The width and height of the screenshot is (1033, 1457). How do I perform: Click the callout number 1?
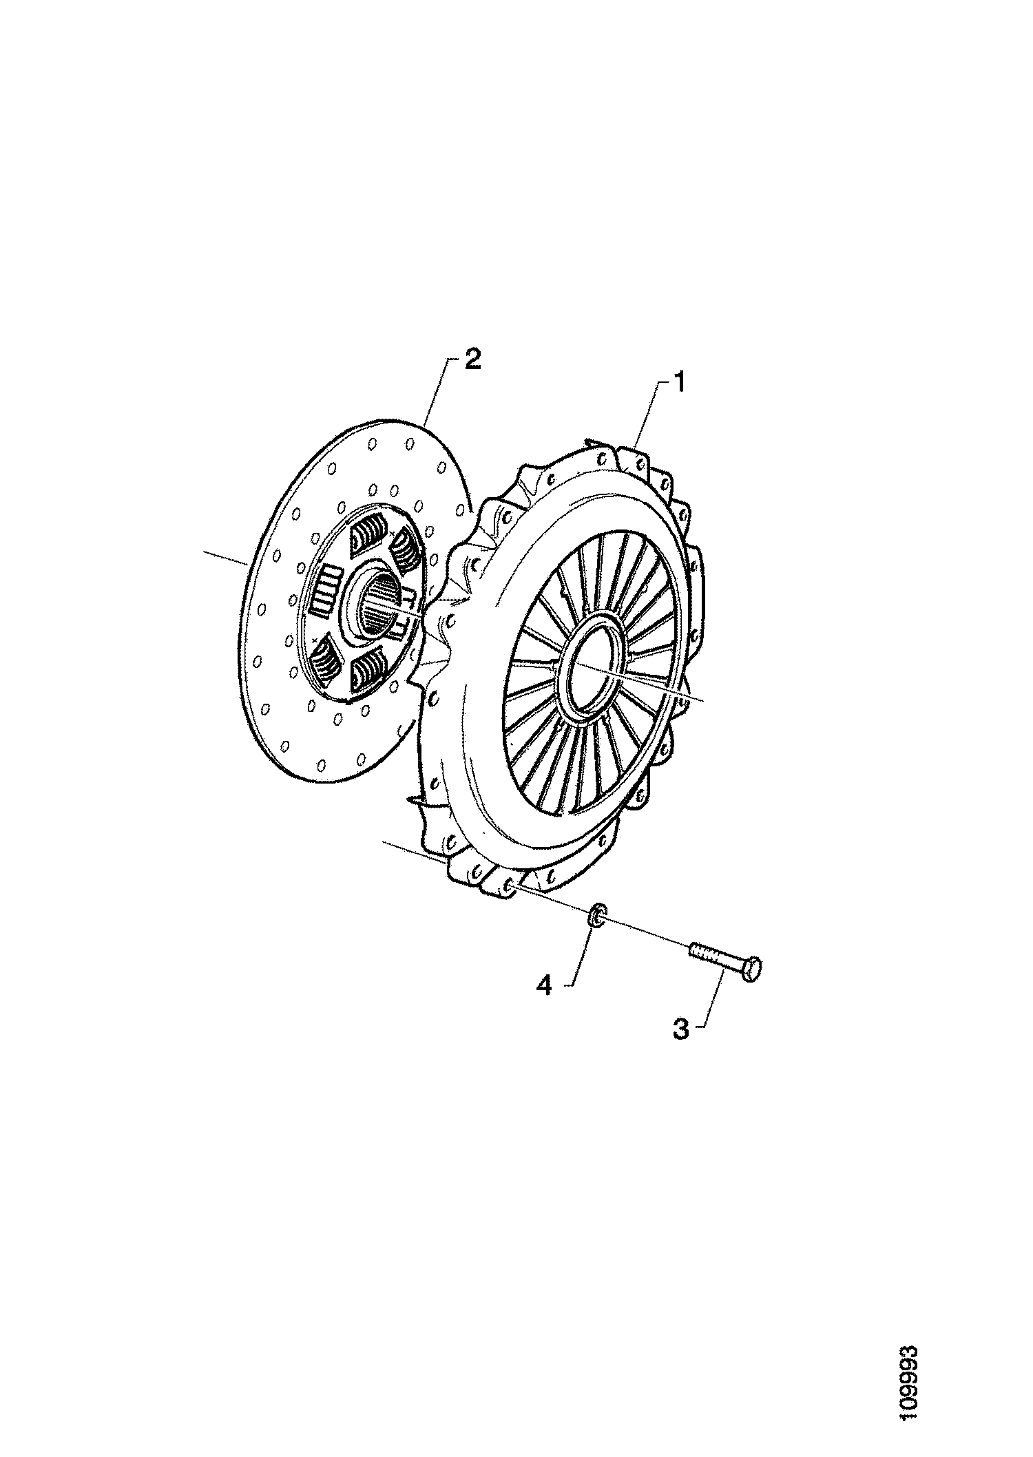(x=678, y=381)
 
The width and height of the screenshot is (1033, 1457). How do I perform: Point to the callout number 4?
(x=544, y=986)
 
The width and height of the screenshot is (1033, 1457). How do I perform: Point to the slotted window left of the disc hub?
(x=324, y=589)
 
